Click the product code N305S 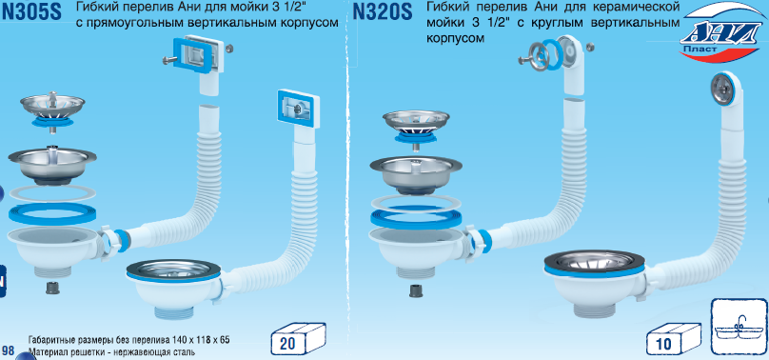31,11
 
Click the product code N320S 383,11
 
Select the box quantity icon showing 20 298,339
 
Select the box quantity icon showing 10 674,339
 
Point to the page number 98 9,350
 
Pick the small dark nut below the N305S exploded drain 52,288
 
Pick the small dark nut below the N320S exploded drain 415,290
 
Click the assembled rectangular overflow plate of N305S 298,107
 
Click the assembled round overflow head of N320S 723,89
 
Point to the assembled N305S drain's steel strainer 173,269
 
